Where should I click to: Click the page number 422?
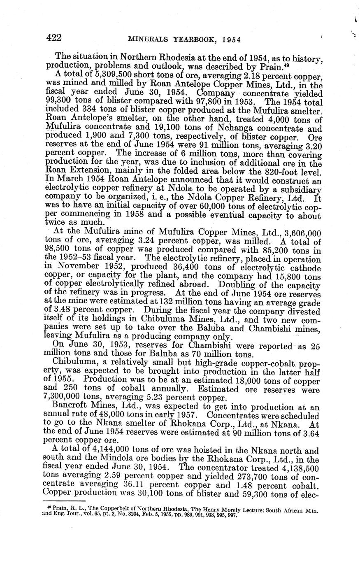point(53,38)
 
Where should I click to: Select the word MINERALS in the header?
point(148,40)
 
